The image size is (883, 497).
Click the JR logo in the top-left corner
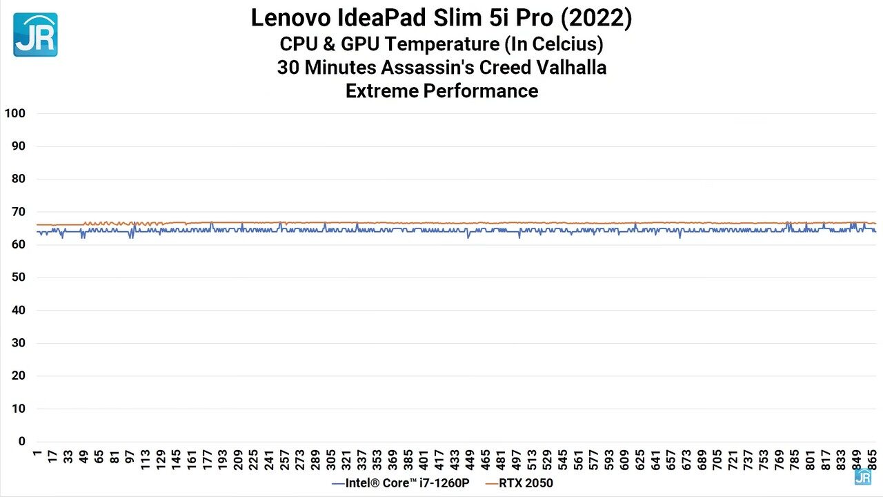(x=35, y=35)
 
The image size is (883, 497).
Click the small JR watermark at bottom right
(x=862, y=476)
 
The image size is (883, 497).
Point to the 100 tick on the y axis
(x=14, y=113)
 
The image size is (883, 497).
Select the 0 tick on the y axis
(x=21, y=442)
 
